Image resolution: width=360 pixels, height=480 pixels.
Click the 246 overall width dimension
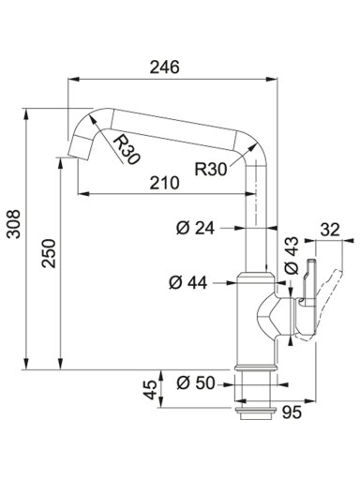165,67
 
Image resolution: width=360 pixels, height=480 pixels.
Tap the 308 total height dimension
14,224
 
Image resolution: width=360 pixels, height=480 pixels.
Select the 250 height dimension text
49,253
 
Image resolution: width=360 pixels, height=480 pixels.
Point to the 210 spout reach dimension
165,183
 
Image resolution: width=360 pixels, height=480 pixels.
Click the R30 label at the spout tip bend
126,150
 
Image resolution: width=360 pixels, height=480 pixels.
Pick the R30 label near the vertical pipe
210,170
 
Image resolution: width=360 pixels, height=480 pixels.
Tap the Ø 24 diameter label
196,228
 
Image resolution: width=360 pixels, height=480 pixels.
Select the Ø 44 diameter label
188,283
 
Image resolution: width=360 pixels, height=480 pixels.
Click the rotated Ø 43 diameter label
292,256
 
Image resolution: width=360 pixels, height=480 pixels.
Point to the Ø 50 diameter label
196,383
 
